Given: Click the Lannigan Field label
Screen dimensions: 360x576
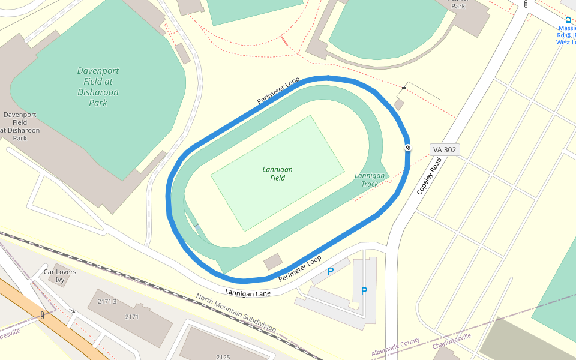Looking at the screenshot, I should point(278,173).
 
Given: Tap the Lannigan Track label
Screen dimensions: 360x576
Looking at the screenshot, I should point(370,179).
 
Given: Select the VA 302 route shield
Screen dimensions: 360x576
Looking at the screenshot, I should point(445,149).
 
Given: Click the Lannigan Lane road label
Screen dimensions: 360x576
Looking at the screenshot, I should point(248,292).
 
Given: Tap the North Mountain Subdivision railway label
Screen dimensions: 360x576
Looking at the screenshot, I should point(236,313).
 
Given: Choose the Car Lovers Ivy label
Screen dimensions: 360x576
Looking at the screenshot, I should point(60,275).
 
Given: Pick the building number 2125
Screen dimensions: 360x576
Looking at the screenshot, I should point(223,356).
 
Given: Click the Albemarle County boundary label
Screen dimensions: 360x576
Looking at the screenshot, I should point(395,346).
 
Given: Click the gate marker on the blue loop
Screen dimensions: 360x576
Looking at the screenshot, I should point(408,148).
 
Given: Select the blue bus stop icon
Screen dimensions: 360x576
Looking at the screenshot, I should point(568,20).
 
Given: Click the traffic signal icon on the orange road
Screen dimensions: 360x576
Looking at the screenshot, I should point(43,315).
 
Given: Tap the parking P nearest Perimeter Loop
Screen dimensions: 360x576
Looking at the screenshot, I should point(331,271).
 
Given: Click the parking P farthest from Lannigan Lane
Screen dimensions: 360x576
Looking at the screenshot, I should point(364,291).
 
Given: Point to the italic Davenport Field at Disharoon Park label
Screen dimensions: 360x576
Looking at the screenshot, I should point(98,86).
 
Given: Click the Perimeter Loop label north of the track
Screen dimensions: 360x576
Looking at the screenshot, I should point(278,91).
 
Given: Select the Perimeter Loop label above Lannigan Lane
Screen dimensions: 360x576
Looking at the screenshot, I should point(300,268).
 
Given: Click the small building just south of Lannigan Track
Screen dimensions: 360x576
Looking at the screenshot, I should point(273,261).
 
